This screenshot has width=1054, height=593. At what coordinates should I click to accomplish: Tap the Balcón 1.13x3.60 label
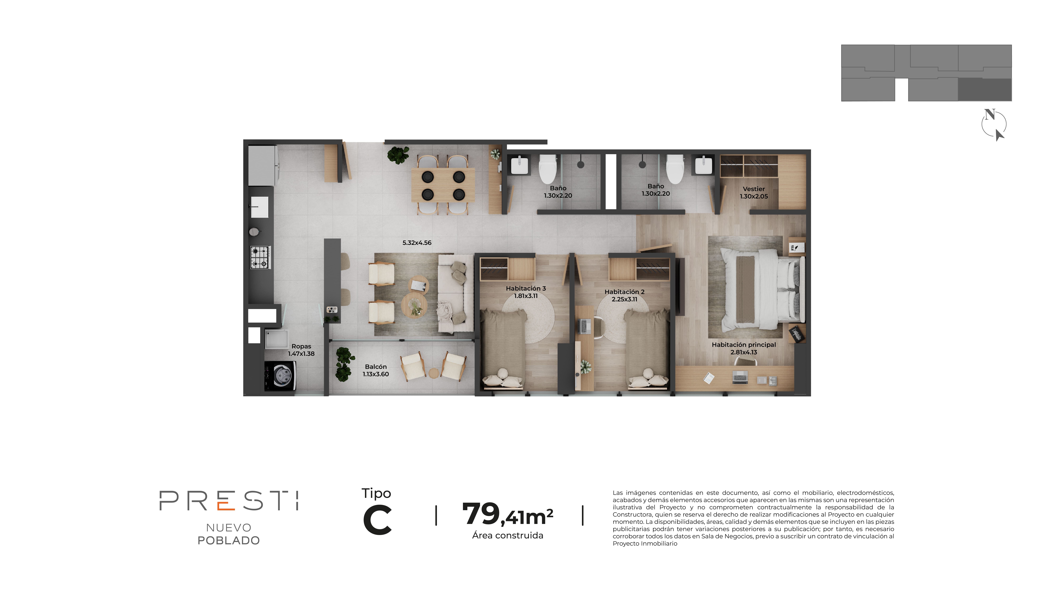[376, 370]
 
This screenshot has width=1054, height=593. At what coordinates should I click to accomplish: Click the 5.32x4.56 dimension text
[416, 243]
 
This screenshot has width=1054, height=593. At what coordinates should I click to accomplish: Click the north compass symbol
[994, 124]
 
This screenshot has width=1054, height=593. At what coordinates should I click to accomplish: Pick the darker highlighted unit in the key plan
[984, 90]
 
